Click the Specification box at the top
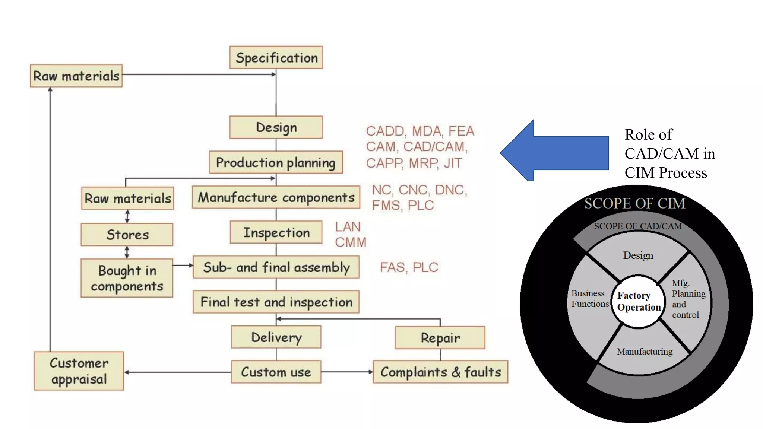[x=276, y=57]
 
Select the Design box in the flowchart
[x=276, y=127]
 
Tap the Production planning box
[x=276, y=162]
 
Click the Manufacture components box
[x=276, y=197]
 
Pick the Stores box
[x=127, y=235]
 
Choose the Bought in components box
[x=127, y=278]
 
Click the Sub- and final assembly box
[x=276, y=267]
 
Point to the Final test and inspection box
[x=276, y=302]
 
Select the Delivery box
[x=276, y=337]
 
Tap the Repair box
[x=440, y=338]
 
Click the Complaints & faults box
[x=440, y=372]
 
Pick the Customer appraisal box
[x=79, y=371]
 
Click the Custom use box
[x=276, y=372]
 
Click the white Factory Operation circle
[x=639, y=302]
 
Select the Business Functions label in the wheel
[x=589, y=299]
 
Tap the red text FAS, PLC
[x=409, y=267]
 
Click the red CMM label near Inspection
[x=350, y=242]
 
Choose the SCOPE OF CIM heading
[x=634, y=203]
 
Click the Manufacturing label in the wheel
[x=645, y=352]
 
